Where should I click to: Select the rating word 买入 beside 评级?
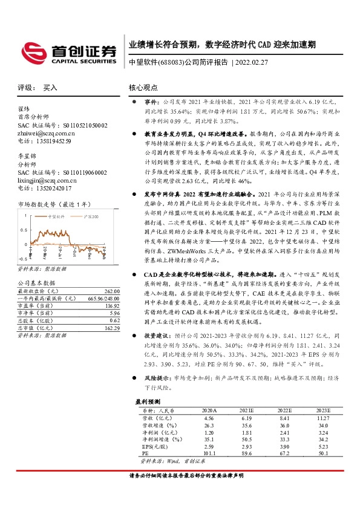tap(50, 88)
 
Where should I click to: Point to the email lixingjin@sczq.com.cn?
tap(50, 180)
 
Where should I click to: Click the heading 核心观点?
tap(143, 88)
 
